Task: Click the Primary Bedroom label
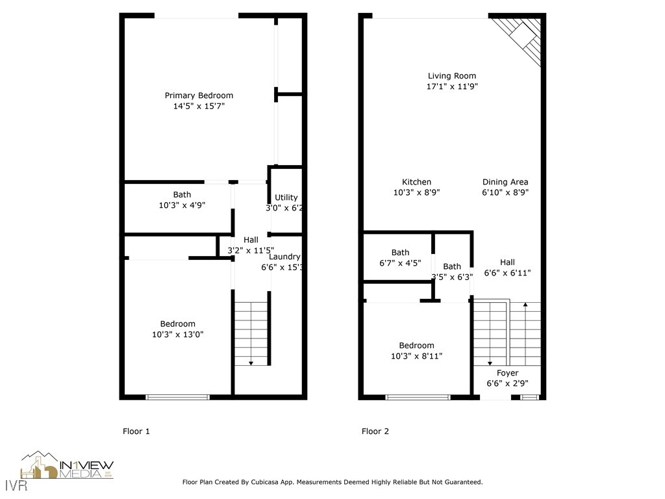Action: (x=198, y=96)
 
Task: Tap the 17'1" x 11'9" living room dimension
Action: (x=452, y=86)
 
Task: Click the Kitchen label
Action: (x=416, y=182)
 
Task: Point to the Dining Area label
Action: (x=505, y=182)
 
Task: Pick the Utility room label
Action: (x=286, y=198)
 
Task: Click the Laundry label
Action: (x=284, y=257)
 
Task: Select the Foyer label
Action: (x=507, y=373)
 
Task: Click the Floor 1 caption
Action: (x=136, y=431)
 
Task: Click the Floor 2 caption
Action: (x=375, y=431)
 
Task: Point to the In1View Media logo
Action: (x=68, y=467)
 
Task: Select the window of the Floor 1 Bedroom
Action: (x=177, y=396)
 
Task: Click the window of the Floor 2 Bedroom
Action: (x=417, y=396)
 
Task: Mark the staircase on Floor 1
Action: (x=251, y=333)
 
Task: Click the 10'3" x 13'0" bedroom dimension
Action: (x=177, y=335)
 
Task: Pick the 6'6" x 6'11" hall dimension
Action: (x=507, y=274)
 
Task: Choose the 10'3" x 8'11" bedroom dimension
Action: (x=416, y=356)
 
